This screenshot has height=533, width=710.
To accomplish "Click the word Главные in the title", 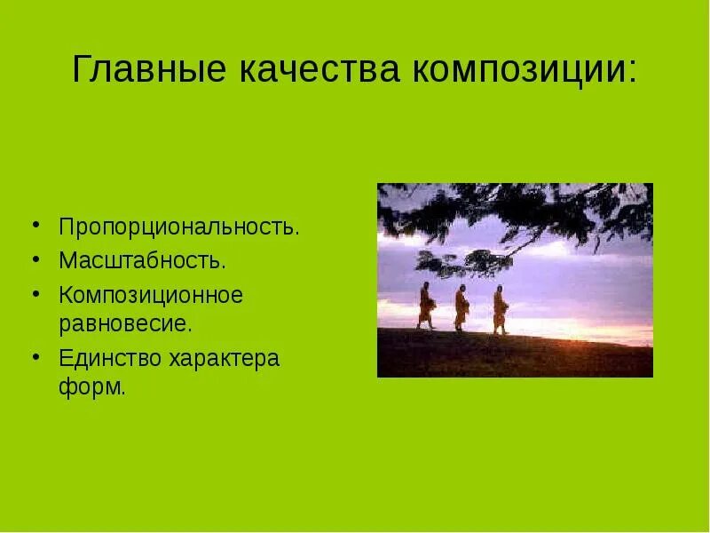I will point(147,69).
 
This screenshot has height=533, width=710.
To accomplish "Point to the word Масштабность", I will point(141,260).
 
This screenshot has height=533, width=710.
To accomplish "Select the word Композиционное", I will point(151,295).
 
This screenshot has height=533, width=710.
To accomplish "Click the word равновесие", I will point(124,322).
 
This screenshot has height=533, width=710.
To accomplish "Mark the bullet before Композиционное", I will point(36,292).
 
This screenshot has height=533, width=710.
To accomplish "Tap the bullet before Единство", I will point(36,356).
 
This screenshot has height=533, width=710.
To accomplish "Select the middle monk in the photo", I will point(461,308).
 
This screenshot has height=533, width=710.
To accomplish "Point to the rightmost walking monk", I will point(500,309).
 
